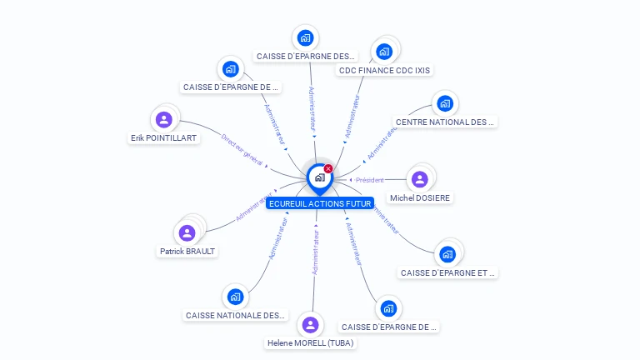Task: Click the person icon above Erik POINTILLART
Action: click(164, 119)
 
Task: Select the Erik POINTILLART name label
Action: click(164, 138)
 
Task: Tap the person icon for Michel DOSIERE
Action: click(420, 179)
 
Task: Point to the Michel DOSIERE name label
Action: click(420, 198)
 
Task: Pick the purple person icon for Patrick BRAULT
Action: click(187, 232)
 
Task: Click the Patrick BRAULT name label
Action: click(187, 251)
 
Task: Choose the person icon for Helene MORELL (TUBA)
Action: click(311, 324)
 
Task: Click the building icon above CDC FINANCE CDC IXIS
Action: click(384, 52)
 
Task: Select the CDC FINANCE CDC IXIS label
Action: click(384, 71)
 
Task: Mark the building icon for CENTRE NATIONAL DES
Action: click(445, 103)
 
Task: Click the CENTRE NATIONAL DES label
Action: click(445, 122)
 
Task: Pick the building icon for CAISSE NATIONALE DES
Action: click(235, 297)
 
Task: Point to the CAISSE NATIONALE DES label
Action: click(235, 316)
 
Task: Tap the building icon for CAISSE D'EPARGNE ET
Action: click(447, 254)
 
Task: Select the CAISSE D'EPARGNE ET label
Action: click(447, 272)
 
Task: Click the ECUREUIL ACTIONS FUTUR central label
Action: click(320, 203)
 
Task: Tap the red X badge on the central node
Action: click(328, 169)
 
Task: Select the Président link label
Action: click(369, 180)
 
